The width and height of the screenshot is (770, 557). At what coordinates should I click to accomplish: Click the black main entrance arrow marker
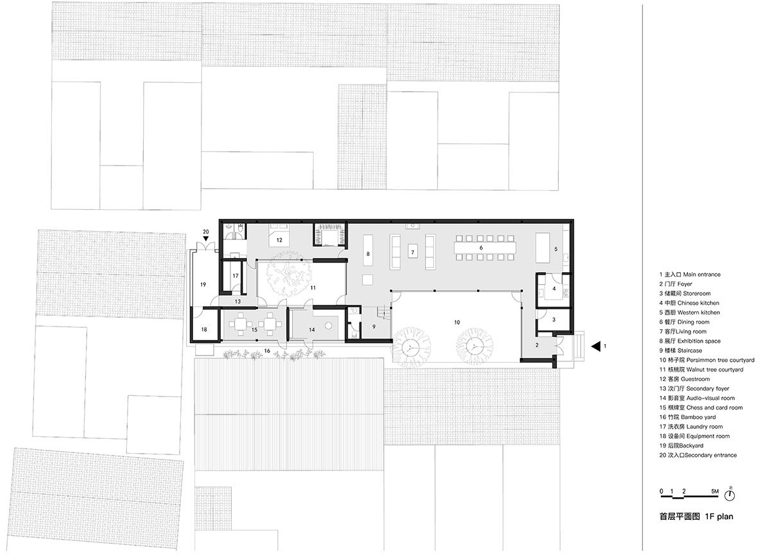click(x=595, y=347)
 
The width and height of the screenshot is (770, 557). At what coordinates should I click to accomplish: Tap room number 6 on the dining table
click(x=480, y=247)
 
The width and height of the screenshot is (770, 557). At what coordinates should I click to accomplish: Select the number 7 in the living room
click(x=413, y=252)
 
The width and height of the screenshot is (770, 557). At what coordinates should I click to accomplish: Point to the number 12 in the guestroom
click(x=279, y=240)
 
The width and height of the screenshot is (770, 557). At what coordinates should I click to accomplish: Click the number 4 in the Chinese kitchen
click(x=554, y=289)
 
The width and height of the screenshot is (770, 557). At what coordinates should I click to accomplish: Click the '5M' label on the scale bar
click(x=715, y=491)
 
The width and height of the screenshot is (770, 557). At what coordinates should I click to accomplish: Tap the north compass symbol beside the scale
click(x=730, y=495)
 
